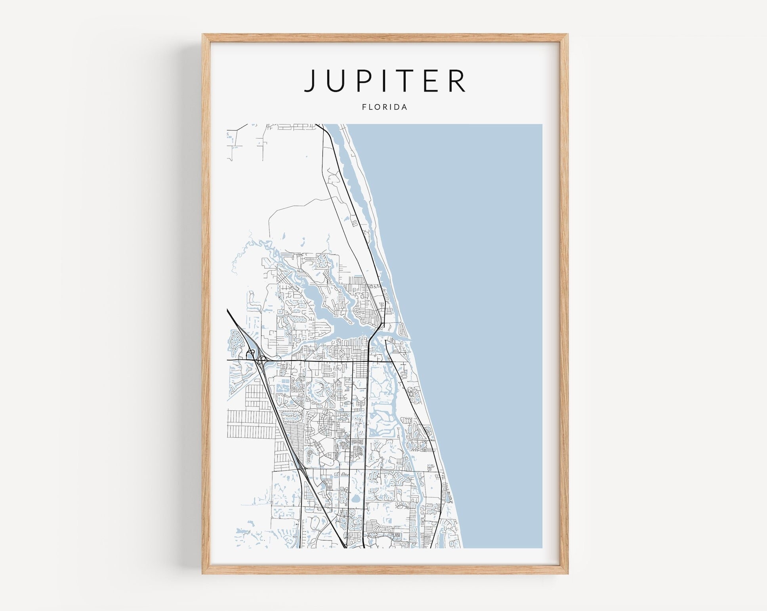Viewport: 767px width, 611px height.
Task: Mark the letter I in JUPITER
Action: pyautogui.click(x=388, y=80)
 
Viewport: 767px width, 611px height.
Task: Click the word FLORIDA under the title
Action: pyautogui.click(x=384, y=107)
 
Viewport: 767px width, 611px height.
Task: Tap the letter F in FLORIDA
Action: pyautogui.click(x=364, y=107)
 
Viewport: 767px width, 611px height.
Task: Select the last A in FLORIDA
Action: pyautogui.click(x=404, y=107)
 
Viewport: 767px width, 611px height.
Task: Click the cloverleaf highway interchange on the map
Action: pyautogui.click(x=260, y=360)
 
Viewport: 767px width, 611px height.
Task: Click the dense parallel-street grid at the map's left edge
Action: pyautogui.click(x=248, y=424)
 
